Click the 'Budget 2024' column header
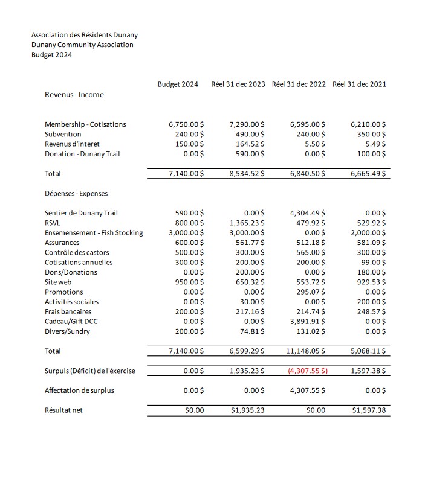178,84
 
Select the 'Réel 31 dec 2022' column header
299,84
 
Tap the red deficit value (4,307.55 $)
308,371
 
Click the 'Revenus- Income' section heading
74,95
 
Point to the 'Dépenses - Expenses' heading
76,194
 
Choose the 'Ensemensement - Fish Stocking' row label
94,233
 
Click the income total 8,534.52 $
248,174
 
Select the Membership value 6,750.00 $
186,124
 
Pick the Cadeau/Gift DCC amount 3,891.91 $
308,322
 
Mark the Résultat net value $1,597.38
368,411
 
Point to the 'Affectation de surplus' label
79,390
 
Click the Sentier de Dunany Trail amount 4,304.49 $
308,213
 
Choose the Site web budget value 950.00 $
189,282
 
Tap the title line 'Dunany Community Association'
82,45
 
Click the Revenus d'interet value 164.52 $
252,144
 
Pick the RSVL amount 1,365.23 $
248,223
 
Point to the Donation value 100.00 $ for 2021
371,154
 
